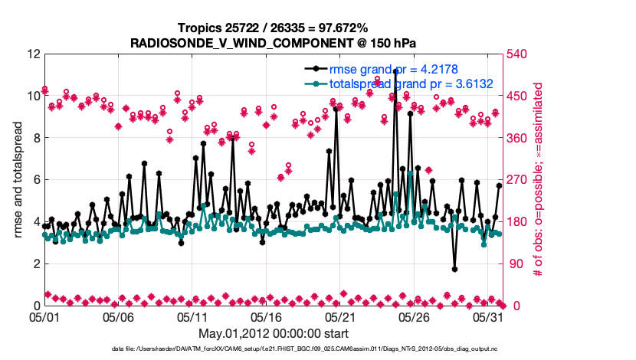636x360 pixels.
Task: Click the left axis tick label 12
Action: coord(32,54)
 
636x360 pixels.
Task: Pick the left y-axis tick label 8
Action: coord(36,138)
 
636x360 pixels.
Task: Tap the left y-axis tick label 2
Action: coord(36,263)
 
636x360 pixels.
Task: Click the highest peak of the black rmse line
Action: coord(395,70)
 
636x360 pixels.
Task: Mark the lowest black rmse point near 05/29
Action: coord(454,269)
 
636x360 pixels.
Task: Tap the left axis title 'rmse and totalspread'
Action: coord(18,180)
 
